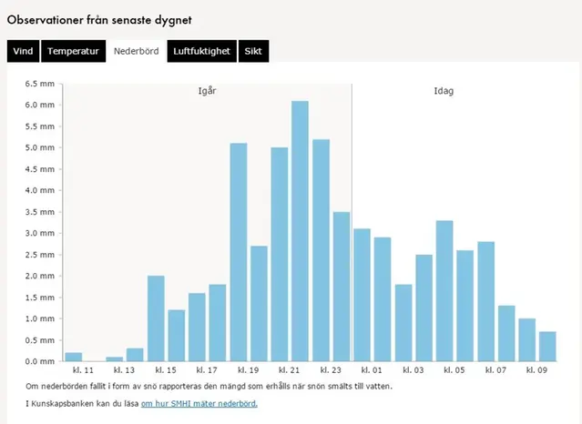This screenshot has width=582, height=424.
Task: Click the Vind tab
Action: coord(23,51)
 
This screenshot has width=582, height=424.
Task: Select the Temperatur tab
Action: coord(73,51)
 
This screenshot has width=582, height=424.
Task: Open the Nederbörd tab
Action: coord(135,51)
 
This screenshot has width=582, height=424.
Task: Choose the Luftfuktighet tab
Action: coord(202,51)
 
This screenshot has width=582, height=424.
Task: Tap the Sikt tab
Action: coord(253,51)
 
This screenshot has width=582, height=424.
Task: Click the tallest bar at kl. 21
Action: coord(300,231)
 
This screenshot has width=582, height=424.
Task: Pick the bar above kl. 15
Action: coord(156,318)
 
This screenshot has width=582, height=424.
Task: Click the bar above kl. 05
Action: coord(444,291)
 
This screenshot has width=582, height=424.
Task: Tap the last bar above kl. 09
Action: coord(547,347)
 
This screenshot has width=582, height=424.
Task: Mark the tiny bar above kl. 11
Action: coord(74,357)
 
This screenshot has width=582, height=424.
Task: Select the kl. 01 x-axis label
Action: coord(372,371)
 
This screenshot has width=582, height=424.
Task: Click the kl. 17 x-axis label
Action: coord(207,371)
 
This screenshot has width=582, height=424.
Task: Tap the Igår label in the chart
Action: coord(208,91)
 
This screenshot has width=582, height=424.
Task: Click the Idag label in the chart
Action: coord(444,91)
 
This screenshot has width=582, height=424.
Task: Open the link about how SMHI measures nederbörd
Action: coord(199,403)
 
